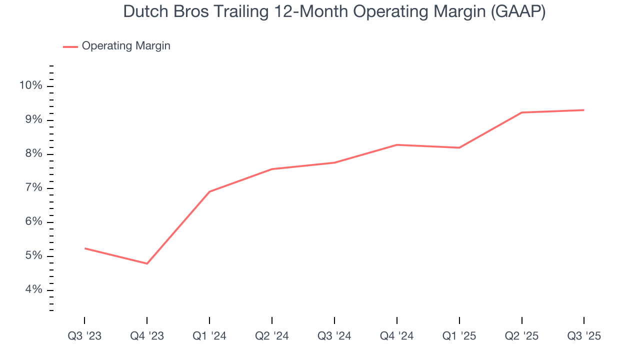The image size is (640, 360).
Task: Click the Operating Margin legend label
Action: point(126,46)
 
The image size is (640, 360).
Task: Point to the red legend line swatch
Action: point(70,46)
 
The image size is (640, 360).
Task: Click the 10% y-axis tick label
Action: point(30,86)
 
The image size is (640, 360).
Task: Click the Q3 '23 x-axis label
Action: point(84,336)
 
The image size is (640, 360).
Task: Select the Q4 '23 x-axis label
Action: point(147,336)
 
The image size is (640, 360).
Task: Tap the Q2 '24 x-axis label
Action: point(271,336)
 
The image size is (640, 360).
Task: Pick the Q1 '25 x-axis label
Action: point(459,336)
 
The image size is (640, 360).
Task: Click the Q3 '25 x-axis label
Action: point(584,336)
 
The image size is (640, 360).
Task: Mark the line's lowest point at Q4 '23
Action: point(147,263)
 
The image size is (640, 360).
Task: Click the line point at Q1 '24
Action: point(209,191)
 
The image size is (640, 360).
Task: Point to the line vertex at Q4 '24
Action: point(396,145)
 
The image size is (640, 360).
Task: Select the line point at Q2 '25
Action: point(521,112)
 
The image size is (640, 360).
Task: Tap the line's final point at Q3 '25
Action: point(584,110)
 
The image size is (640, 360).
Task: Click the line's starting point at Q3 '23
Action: point(84,248)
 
